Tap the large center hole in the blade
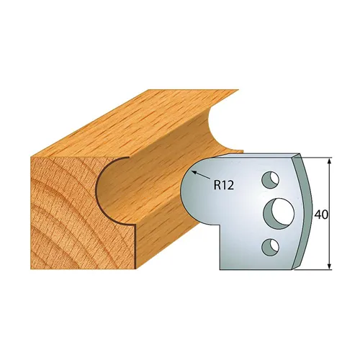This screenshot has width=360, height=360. (x=279, y=212)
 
